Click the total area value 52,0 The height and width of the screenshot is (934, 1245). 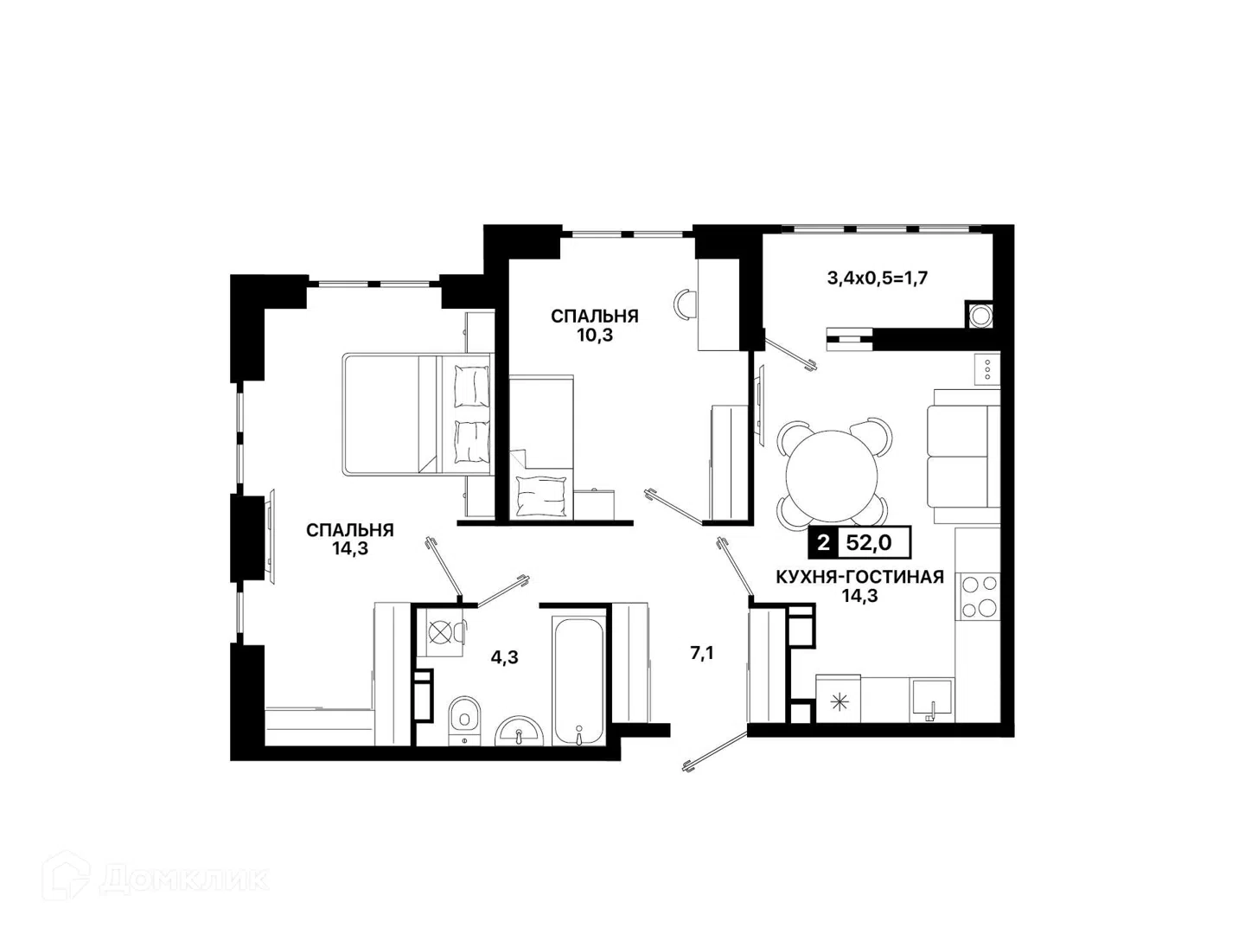(868, 543)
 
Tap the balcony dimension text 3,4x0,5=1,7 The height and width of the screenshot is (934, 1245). (878, 278)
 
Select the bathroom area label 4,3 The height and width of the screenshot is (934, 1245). (504, 657)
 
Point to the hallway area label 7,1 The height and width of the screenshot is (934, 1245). (702, 653)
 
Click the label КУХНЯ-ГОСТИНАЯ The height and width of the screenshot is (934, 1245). (859, 578)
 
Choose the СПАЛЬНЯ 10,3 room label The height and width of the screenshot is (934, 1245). (595, 325)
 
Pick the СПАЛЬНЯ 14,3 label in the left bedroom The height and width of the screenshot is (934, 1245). (350, 539)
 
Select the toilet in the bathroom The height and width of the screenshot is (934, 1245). (464, 720)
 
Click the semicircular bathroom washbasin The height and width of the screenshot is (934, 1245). (520, 732)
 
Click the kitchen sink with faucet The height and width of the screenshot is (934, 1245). (931, 700)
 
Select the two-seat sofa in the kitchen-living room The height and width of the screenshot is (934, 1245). (963, 457)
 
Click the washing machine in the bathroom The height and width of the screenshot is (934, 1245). (441, 632)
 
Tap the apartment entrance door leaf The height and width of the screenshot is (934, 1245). (716, 750)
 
